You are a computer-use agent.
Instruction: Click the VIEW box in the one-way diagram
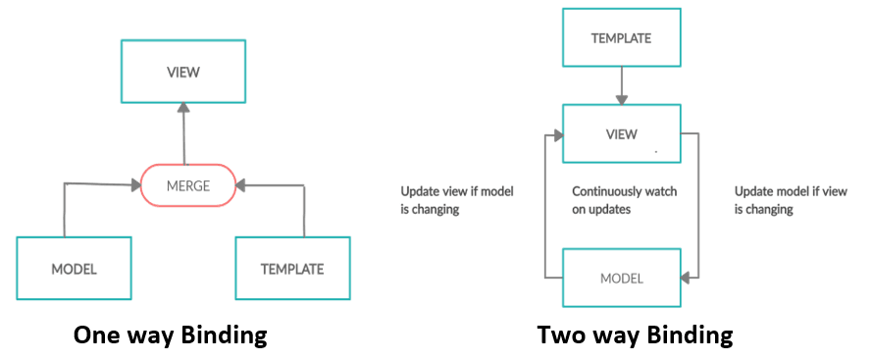[x=183, y=72]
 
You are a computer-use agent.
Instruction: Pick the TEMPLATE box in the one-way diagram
[x=292, y=268]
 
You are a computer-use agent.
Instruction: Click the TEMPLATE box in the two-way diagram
[x=621, y=39]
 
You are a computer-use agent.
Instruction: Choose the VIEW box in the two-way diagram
[x=621, y=134]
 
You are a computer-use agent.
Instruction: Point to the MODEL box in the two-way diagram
[x=621, y=278]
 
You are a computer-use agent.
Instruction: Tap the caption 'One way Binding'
[x=171, y=335]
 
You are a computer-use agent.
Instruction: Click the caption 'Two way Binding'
[x=635, y=335]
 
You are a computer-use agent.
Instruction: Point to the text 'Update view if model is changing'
[x=457, y=200]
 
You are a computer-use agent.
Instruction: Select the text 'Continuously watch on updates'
[x=625, y=200]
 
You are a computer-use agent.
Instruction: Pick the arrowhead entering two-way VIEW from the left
[x=556, y=134]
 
